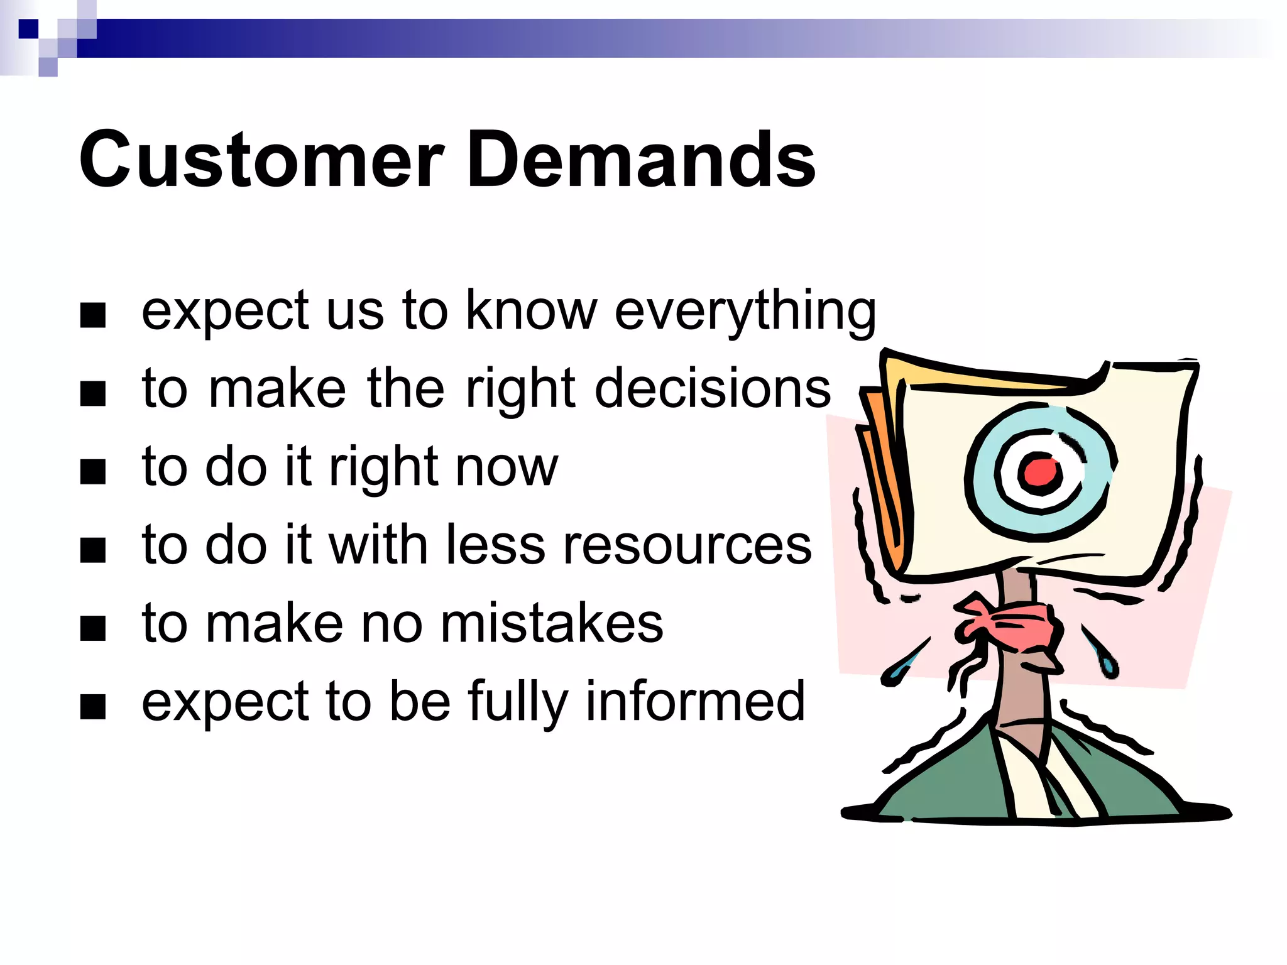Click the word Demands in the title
coord(641,160)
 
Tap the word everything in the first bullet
coord(745,311)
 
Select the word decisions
coord(713,389)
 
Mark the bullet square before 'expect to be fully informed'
coord(93,707)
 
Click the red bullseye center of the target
coord(1039,472)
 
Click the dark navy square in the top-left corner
coord(28,29)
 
